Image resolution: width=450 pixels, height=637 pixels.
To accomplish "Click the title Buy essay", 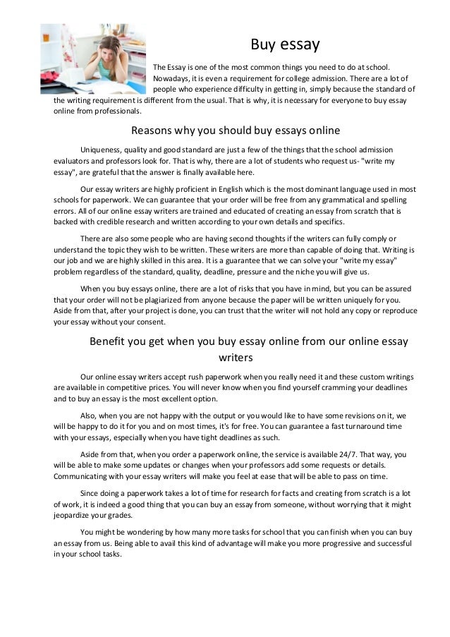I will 286,45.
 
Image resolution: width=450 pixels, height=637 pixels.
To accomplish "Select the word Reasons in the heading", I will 154,131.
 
